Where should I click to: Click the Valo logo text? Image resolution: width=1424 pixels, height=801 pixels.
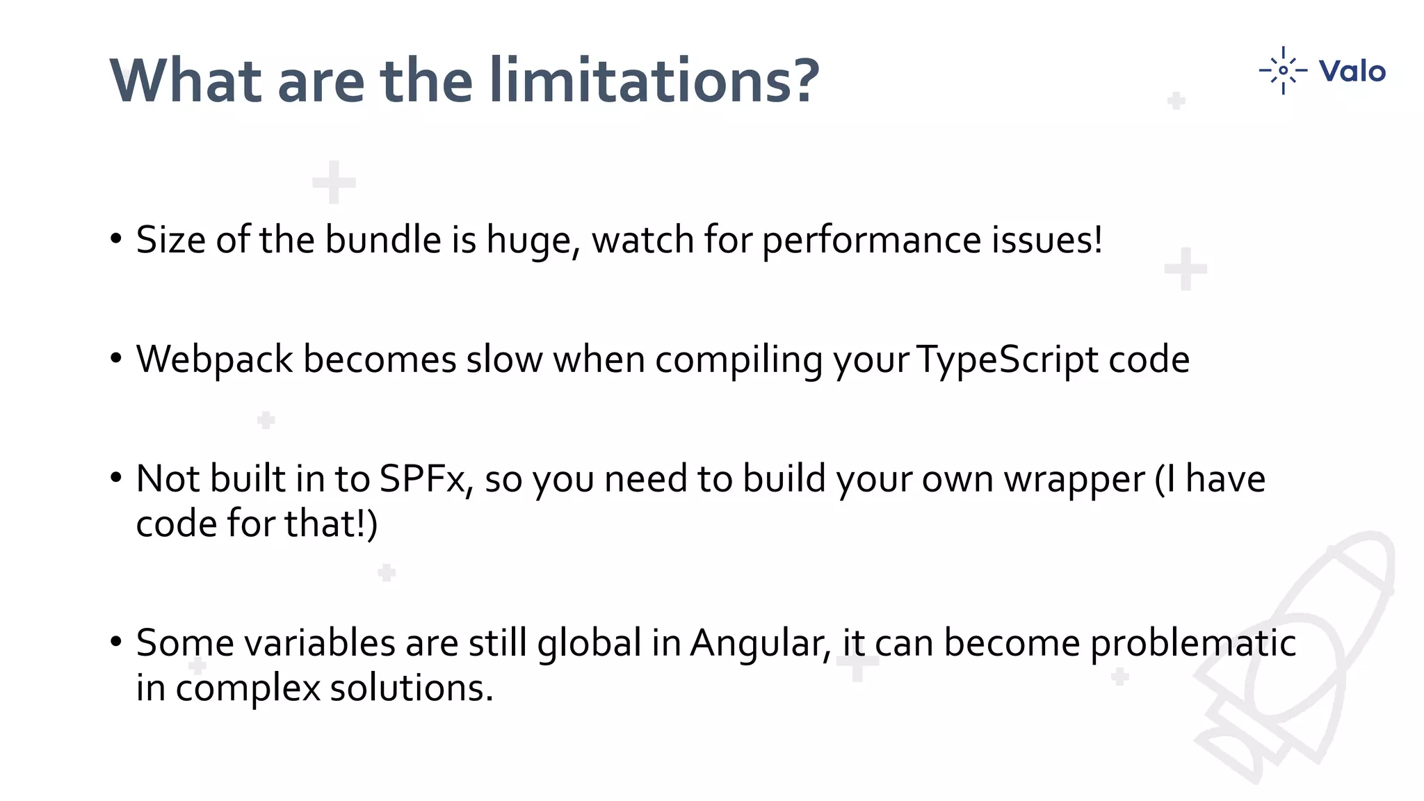click(1352, 71)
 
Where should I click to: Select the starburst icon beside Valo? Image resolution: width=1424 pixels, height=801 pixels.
click(1283, 70)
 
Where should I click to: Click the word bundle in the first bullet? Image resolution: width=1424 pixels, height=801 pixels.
click(383, 240)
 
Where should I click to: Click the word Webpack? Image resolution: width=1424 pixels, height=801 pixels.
click(214, 360)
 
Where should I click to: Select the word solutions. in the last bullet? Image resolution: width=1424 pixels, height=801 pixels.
click(411, 688)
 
